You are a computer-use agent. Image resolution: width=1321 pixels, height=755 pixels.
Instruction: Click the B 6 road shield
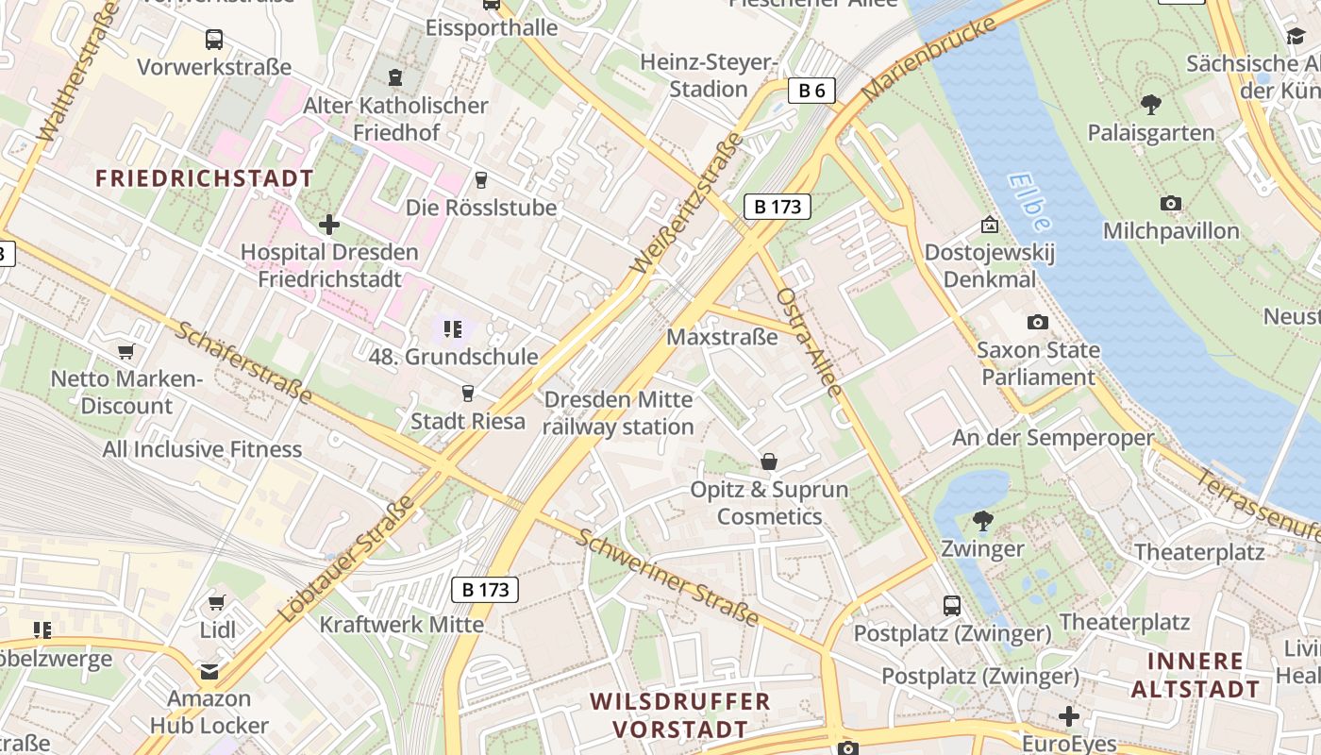pos(811,91)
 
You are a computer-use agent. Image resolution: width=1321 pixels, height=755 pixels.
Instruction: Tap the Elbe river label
pos(1028,201)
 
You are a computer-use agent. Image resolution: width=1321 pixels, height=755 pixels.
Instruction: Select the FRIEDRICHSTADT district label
pos(204,178)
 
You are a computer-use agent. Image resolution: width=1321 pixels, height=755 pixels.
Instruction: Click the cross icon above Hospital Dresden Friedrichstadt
pos(328,225)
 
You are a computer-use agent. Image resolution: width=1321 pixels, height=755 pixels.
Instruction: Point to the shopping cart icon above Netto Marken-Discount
pos(125,352)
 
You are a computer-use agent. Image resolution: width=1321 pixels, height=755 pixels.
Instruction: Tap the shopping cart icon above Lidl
pos(216,602)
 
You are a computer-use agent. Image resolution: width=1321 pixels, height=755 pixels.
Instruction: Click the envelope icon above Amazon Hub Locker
pos(209,672)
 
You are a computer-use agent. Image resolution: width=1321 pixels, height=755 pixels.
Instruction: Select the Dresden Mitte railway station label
pos(619,413)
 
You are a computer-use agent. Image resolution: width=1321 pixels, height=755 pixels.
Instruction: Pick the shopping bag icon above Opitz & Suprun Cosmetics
pos(769,461)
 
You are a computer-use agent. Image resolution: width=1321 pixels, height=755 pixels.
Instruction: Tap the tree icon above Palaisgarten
pos(1150,105)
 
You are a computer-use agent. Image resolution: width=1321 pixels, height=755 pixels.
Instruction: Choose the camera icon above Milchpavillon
pos(1171,204)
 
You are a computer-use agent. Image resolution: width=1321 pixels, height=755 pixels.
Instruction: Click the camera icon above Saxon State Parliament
pos(1038,323)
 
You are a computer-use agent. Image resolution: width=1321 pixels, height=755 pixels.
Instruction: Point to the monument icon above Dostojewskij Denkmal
pos(989,225)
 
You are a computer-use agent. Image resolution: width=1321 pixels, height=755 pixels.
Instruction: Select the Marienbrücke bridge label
pos(929,59)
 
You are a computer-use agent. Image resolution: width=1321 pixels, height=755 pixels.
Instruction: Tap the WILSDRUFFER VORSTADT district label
pos(680,715)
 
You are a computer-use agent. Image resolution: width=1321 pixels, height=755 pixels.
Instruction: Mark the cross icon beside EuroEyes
pos(1068,717)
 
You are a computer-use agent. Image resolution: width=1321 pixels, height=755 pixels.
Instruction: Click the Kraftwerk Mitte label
pos(401,625)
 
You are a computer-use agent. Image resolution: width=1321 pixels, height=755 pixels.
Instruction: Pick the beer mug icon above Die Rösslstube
pos(481,179)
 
